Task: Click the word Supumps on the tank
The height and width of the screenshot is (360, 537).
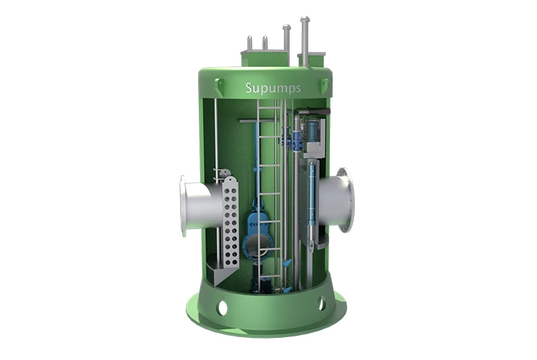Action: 273,88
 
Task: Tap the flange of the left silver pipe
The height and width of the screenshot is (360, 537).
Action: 183,206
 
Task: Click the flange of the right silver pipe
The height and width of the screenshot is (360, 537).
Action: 345,200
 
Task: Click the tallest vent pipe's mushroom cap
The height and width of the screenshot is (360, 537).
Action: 305,19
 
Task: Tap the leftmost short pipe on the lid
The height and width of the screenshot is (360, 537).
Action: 249,43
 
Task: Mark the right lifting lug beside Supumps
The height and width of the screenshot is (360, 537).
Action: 325,85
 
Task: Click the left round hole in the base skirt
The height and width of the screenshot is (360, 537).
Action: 222,307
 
